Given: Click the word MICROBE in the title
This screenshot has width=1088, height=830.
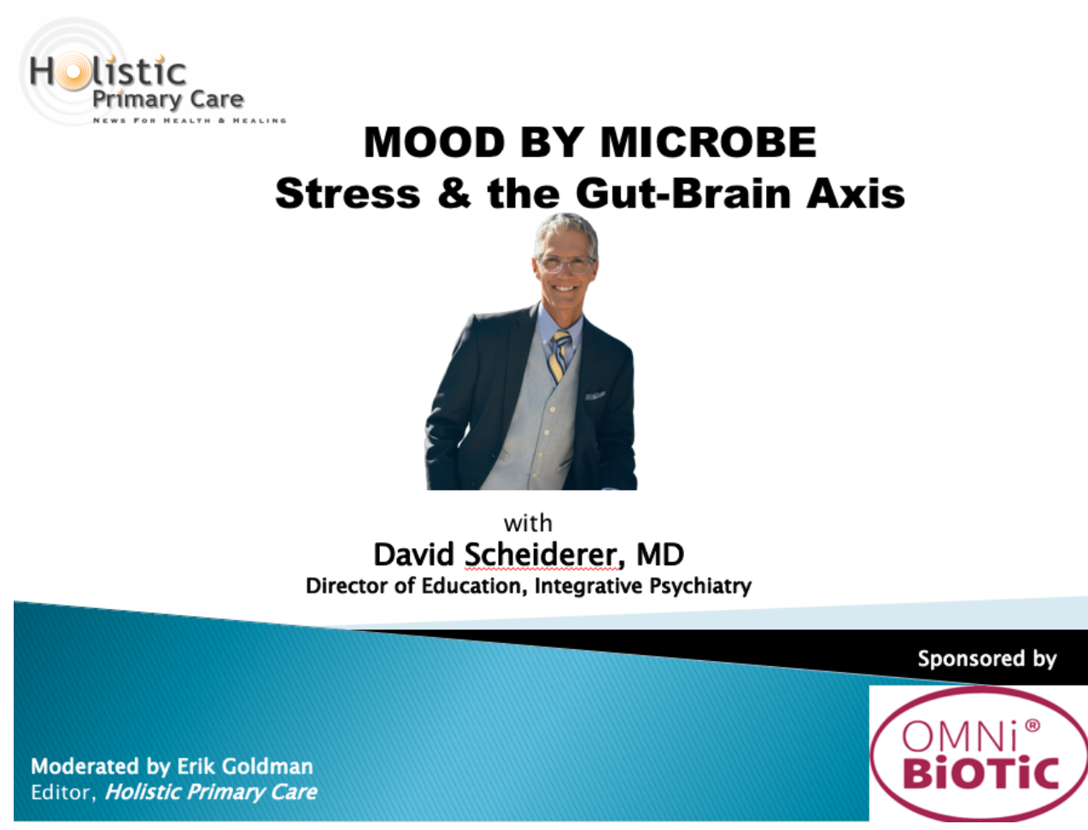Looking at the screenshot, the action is (x=708, y=143).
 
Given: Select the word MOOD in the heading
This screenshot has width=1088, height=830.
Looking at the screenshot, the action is (x=434, y=143).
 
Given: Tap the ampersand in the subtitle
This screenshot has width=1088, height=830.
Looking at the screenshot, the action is (x=453, y=193).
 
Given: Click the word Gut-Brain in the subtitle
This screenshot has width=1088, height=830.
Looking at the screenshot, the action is (x=683, y=193).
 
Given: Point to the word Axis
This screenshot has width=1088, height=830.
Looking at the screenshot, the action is (x=856, y=193).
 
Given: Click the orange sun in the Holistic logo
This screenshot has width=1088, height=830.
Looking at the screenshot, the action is (x=73, y=73).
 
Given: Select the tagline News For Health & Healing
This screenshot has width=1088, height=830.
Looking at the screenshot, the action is (x=190, y=120).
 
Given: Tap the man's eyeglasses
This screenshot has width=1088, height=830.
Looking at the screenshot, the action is (x=565, y=264).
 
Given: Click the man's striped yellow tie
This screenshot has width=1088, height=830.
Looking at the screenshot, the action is (x=559, y=355).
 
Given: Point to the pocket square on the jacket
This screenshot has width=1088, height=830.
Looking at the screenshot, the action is (x=594, y=395).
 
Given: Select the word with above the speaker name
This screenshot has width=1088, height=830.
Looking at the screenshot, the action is (x=528, y=523).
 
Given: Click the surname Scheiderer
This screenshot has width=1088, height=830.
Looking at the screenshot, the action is (x=541, y=554).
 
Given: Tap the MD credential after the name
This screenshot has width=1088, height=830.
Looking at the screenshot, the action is (x=660, y=554).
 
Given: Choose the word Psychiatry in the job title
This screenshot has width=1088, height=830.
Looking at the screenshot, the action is (x=700, y=587).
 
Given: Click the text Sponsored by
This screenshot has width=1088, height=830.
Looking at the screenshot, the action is (x=987, y=659).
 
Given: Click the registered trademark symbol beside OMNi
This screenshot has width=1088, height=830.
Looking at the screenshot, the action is (x=1032, y=726).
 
